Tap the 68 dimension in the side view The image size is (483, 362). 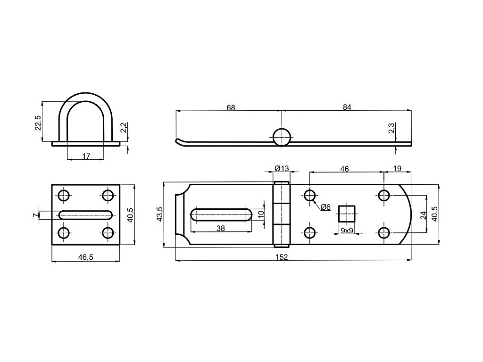pos(230,107)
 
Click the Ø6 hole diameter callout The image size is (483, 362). pos(325,207)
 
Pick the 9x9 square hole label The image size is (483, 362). pos(347,230)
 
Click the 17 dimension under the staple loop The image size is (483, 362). pos(86,156)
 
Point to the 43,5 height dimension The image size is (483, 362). pos(160,214)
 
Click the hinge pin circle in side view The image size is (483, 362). pos(282,137)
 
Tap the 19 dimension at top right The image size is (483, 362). pos(397,169)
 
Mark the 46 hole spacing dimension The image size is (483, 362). pos(345,169)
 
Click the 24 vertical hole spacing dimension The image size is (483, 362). pos(423,215)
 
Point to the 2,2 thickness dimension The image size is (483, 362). pos(123,127)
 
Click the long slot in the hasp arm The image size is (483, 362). pos(221,214)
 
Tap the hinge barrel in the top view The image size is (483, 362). pos(282,214)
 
